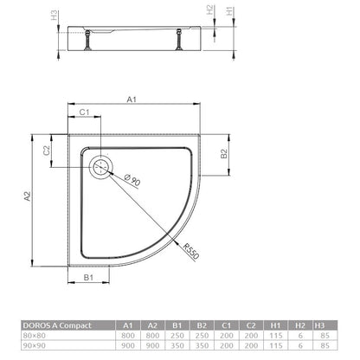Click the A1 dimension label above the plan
pos(132,100)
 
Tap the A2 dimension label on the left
pos(27,196)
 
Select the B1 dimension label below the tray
pos(88,278)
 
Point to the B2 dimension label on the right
pos(224,154)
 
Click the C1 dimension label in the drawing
pos(84,112)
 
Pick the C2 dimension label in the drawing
pos(47,151)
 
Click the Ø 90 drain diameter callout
pos(132,181)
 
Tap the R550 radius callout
pos(191,251)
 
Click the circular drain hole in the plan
pos(101,167)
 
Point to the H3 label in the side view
pos(54,16)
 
